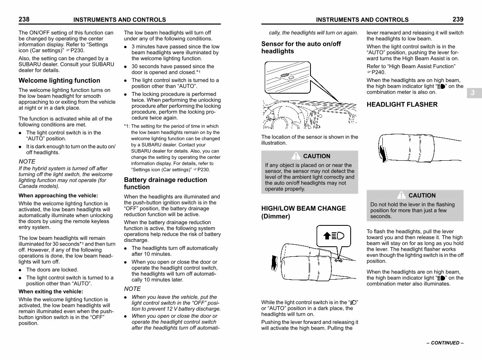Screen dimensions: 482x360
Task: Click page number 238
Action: (24, 19)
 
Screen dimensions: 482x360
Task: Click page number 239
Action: (458, 19)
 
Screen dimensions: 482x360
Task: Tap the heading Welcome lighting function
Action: (59, 80)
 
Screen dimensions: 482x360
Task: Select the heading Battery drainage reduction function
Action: (165, 183)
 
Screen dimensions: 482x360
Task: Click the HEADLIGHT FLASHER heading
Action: (402, 104)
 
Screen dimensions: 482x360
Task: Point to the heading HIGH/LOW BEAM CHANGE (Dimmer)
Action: (304, 212)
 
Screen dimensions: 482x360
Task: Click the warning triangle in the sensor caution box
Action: (296, 156)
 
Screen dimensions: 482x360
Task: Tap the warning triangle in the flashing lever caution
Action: (401, 195)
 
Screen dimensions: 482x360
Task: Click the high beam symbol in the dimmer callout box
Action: (334, 236)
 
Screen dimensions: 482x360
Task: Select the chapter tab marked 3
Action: (474, 93)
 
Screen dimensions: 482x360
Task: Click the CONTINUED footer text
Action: (445, 343)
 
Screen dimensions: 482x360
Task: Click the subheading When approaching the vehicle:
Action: (58, 196)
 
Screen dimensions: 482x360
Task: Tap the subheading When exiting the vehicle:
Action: (51, 291)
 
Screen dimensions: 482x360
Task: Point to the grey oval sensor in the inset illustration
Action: (285, 76)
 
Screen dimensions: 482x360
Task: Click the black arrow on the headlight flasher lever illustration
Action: (383, 154)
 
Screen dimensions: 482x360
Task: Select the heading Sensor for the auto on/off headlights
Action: (301, 47)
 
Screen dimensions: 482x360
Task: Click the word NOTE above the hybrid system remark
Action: (27, 162)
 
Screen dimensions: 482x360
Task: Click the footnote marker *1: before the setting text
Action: (127, 126)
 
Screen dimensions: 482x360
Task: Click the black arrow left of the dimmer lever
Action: (274, 263)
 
